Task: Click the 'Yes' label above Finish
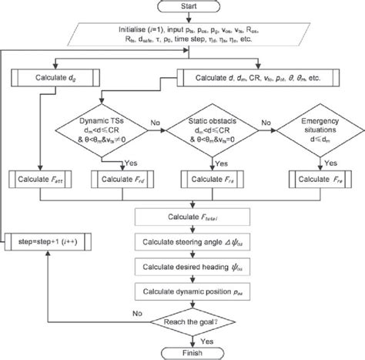[x=206, y=338]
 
